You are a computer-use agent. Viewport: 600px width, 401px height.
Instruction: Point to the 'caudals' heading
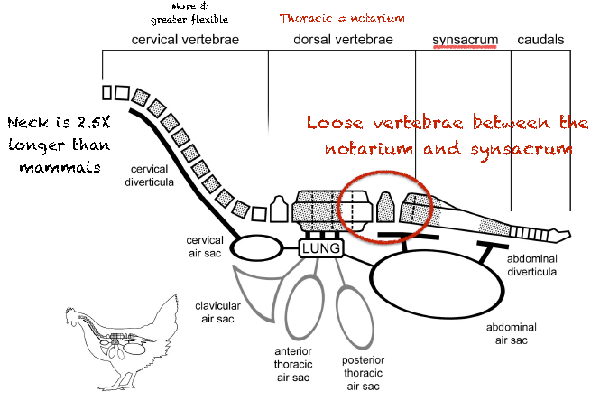coord(540,41)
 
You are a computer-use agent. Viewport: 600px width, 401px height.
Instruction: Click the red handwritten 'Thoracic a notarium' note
coord(341,17)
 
